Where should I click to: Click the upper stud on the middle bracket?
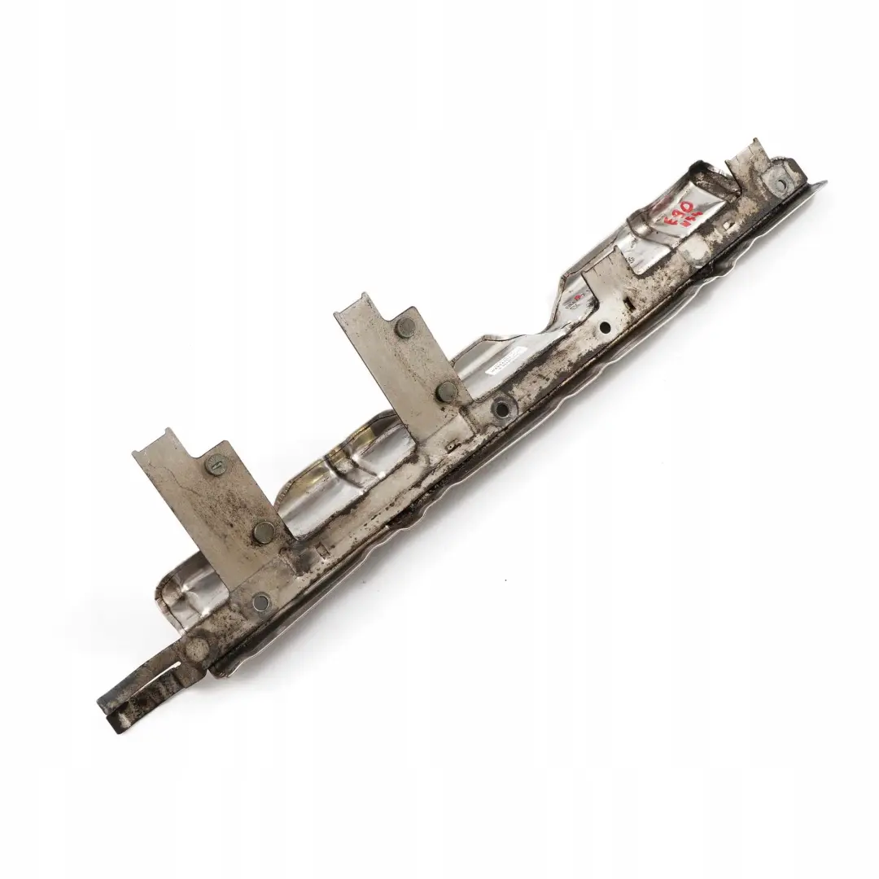coord(407,327)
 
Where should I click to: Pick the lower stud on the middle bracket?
coord(446,392)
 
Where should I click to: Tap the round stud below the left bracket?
coord(260,601)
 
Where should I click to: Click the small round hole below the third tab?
coord(605,327)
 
